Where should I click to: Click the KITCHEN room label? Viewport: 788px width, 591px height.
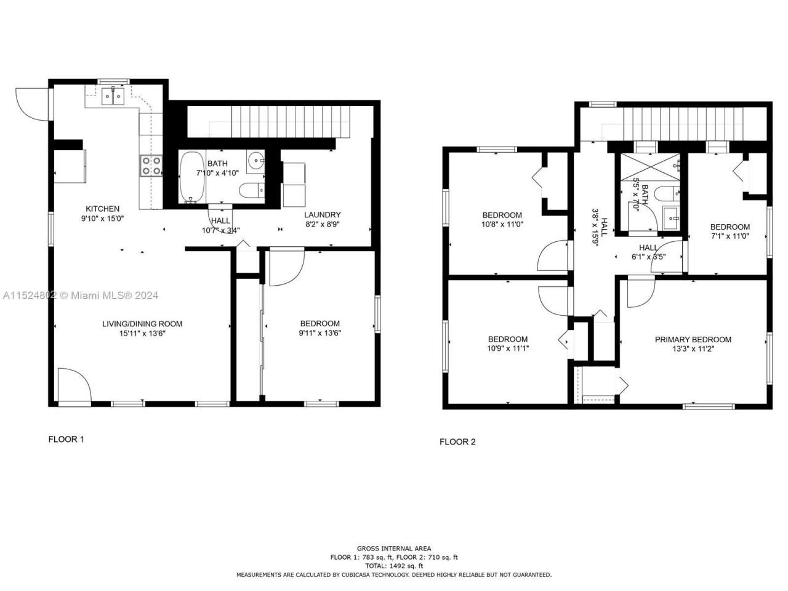coord(102,209)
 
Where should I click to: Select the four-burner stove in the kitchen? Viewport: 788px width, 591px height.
coord(151,166)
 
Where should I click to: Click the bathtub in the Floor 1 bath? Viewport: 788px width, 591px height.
coord(191,177)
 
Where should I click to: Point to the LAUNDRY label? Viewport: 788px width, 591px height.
coord(322,215)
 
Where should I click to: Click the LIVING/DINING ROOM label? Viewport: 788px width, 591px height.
coord(142,324)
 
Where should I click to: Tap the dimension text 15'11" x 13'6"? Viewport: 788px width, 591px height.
coord(142,334)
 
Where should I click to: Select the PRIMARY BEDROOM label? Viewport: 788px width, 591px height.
coord(693,340)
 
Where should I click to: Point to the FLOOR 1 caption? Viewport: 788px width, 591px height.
coord(66,440)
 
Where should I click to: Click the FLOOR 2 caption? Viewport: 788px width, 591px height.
coord(457,442)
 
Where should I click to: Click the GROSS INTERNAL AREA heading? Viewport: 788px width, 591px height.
coord(394,549)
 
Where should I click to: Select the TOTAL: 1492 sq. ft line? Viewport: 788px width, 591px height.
coord(394,566)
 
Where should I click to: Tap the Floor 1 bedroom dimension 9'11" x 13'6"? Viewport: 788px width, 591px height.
coord(320,334)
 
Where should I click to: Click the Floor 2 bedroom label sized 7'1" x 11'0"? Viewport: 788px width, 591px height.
coord(730,227)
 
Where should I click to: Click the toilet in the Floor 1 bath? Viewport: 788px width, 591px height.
coord(252,191)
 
